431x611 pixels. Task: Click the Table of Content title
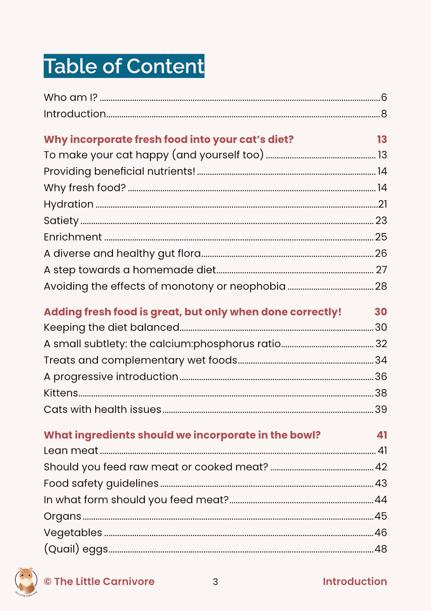click(x=124, y=66)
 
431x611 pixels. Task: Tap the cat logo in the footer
click(x=26, y=582)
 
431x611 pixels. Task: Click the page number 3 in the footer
click(x=215, y=582)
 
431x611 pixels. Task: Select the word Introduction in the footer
click(x=355, y=581)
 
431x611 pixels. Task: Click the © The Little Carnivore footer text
click(x=99, y=581)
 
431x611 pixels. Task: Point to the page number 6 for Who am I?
click(x=384, y=97)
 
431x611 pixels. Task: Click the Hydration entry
click(x=69, y=204)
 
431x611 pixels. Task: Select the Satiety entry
click(x=61, y=220)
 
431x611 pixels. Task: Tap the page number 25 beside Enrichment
click(x=381, y=237)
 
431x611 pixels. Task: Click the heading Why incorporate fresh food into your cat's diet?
click(x=169, y=140)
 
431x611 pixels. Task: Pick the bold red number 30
click(x=381, y=312)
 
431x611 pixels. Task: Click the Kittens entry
click(x=61, y=393)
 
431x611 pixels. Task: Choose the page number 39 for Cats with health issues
click(x=381, y=409)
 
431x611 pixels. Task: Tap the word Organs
click(x=62, y=516)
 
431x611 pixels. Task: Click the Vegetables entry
click(x=73, y=533)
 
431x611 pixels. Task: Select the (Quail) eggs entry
click(x=76, y=549)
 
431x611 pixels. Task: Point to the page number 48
click(x=381, y=549)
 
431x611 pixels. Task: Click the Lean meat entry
click(x=71, y=450)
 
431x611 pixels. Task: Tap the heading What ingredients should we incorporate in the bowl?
click(x=182, y=435)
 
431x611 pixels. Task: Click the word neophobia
click(x=258, y=286)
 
